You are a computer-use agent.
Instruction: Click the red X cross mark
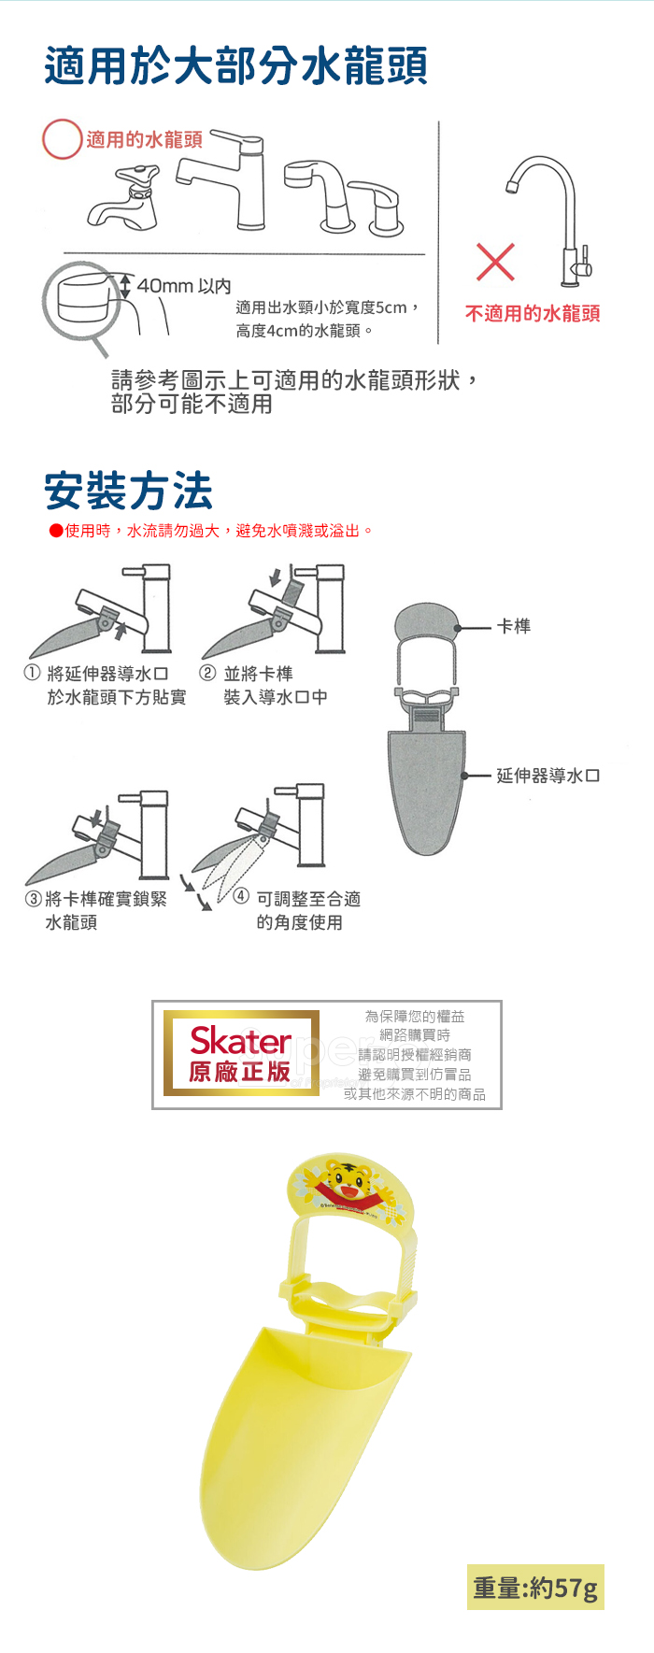pyautogui.click(x=495, y=262)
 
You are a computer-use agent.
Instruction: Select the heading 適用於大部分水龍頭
pyautogui.click(x=235, y=67)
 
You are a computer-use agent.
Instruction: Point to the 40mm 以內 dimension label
pyautogui.click(x=184, y=286)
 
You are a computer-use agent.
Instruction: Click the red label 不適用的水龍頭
pyautogui.click(x=533, y=314)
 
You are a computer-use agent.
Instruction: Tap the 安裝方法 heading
pyautogui.click(x=129, y=491)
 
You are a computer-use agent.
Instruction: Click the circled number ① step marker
pyautogui.click(x=33, y=673)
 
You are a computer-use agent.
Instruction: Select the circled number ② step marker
pyautogui.click(x=208, y=673)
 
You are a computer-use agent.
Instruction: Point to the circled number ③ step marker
pyautogui.click(x=33, y=899)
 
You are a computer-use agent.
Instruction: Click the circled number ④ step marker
pyautogui.click(x=241, y=897)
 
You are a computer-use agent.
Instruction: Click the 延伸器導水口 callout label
pyautogui.click(x=548, y=776)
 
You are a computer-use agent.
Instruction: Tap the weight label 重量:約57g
pyautogui.click(x=535, y=1588)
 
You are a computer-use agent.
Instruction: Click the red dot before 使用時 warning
pyautogui.click(x=56, y=531)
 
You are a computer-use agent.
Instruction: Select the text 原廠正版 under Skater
pyautogui.click(x=240, y=1072)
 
